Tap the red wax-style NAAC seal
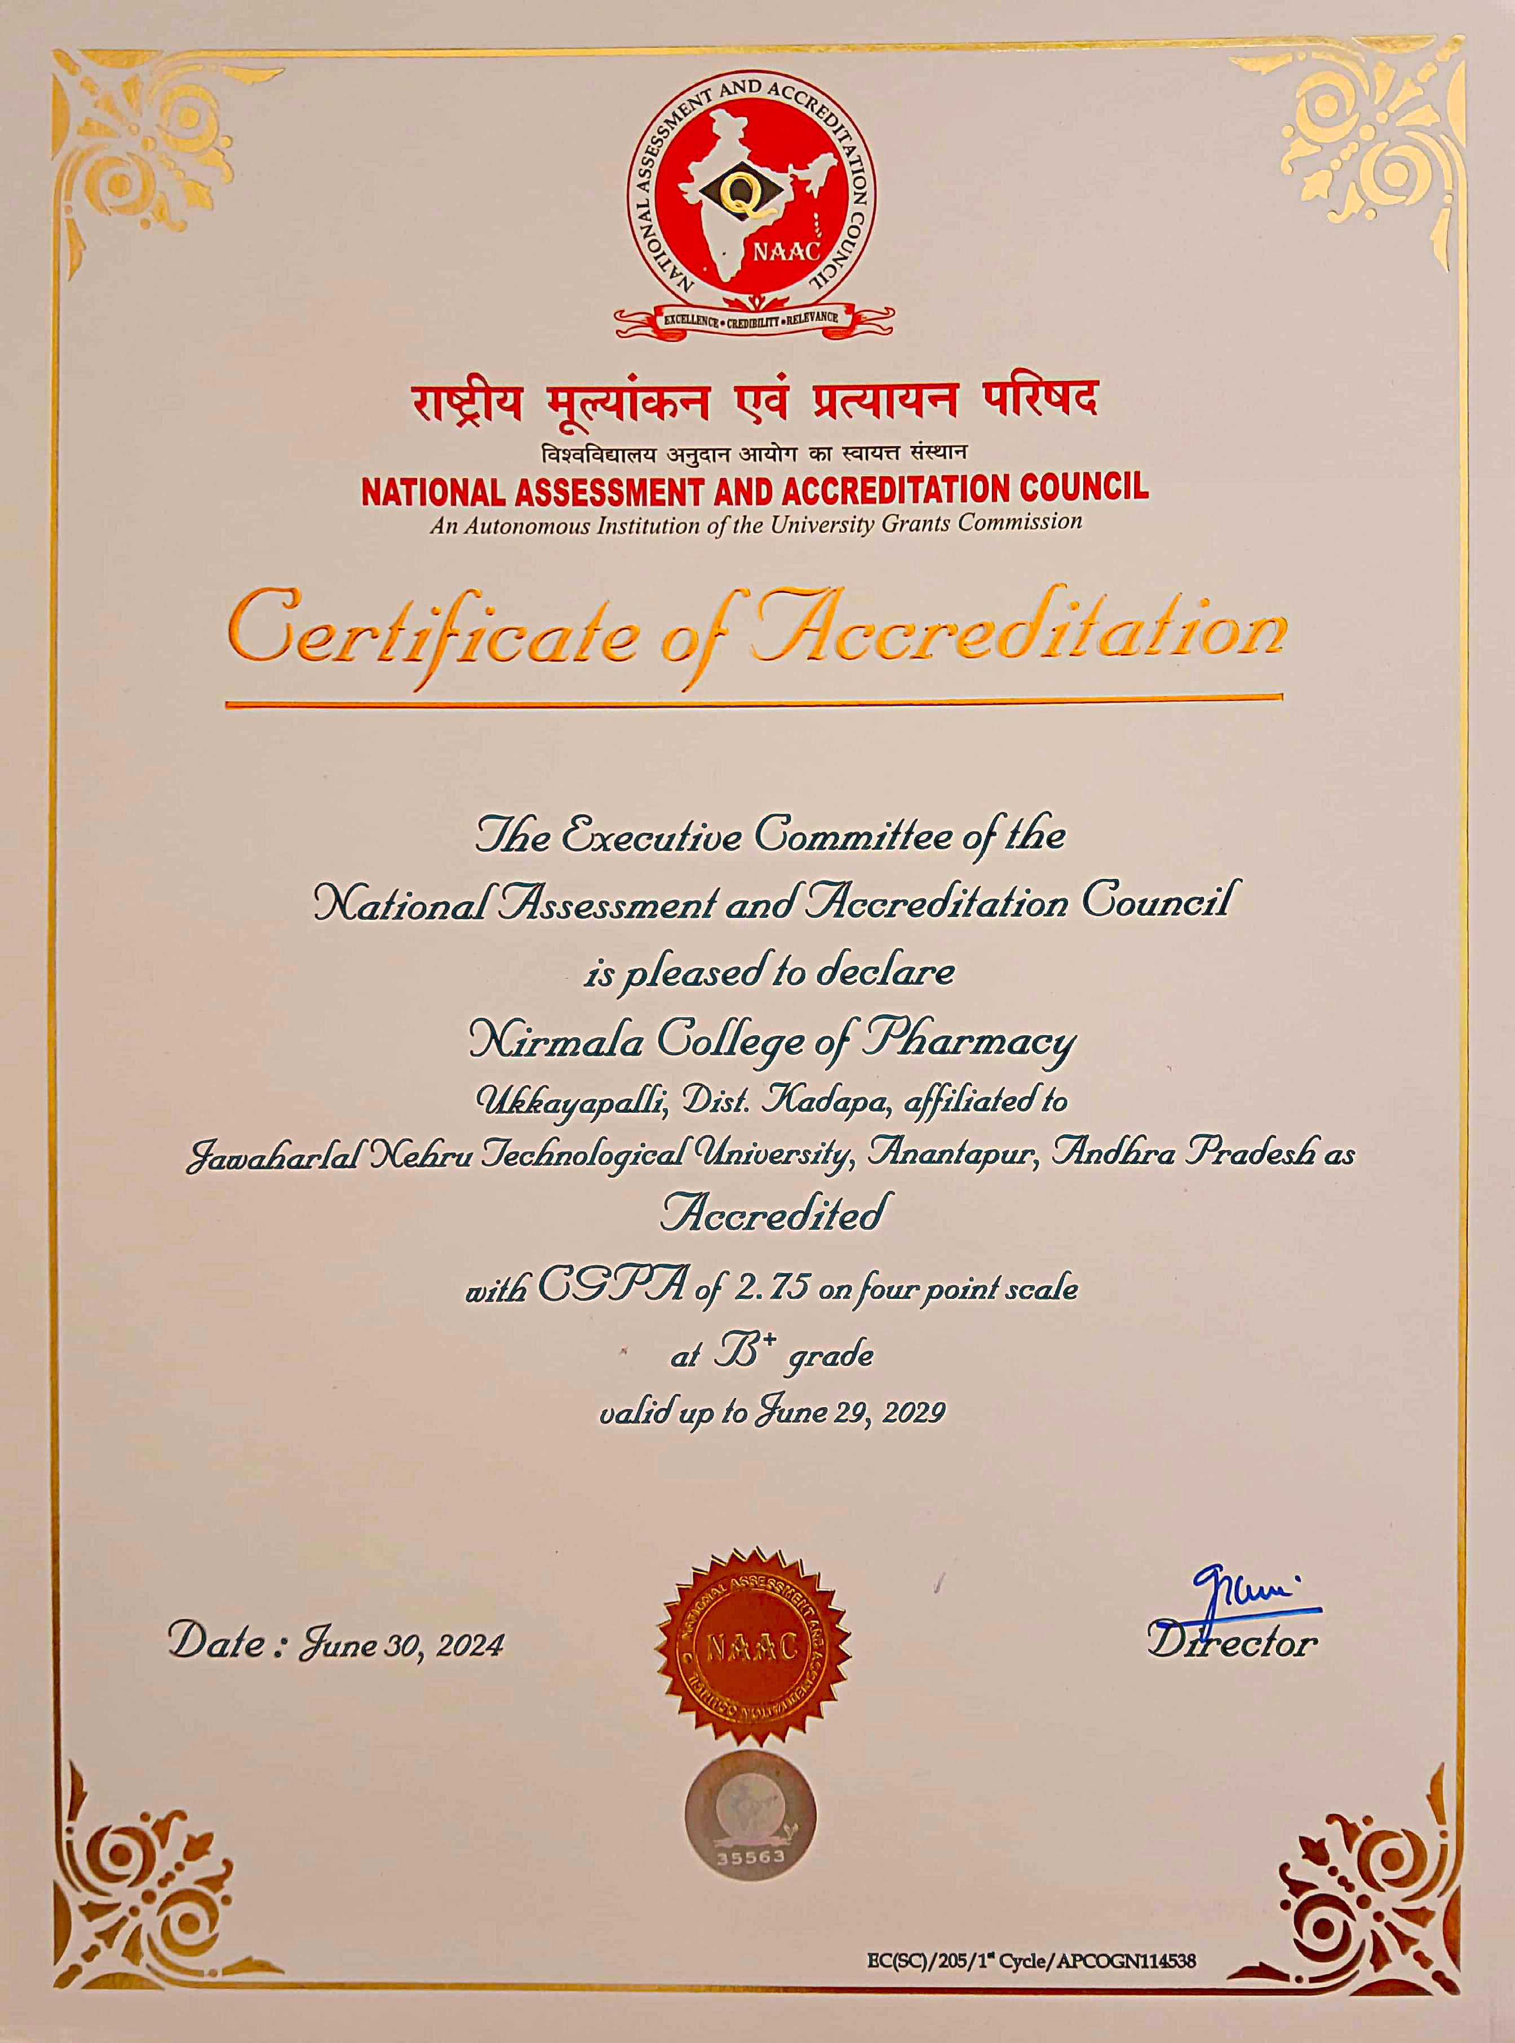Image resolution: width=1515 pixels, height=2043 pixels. (753, 1644)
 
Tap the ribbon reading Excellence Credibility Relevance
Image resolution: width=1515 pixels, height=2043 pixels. (751, 317)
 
